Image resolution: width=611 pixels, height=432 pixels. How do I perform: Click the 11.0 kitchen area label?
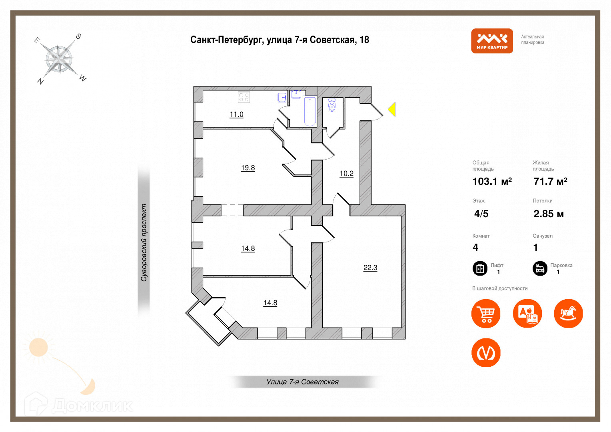(236, 114)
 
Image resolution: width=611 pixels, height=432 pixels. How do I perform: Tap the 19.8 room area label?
(248, 168)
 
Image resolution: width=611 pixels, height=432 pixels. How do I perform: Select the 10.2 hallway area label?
(346, 174)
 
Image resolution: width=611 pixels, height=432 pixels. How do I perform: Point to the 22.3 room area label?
(370, 268)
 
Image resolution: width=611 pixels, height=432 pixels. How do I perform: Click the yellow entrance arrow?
(392, 109)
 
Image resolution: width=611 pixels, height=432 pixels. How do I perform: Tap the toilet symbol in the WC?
(331, 105)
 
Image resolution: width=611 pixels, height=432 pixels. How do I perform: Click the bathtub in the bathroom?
(310, 111)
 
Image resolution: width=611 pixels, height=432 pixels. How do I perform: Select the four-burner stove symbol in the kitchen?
(244, 97)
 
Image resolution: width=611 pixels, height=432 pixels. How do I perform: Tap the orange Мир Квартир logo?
(492, 41)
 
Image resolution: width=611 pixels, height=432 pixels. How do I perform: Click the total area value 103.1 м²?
(492, 182)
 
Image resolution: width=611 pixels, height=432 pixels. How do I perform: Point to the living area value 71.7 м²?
(550, 182)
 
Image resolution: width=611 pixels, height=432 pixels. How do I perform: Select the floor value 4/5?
(481, 214)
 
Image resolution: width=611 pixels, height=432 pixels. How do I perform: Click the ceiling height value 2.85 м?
(548, 214)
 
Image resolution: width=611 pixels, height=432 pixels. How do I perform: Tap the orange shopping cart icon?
(486, 314)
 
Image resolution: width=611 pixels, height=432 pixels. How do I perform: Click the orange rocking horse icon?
(568, 314)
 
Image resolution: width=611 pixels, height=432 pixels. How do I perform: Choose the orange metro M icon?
(486, 353)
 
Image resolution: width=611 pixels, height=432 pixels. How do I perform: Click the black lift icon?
(480, 268)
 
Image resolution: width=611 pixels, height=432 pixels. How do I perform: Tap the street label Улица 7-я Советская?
(302, 382)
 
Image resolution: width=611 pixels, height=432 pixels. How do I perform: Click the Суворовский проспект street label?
(144, 242)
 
